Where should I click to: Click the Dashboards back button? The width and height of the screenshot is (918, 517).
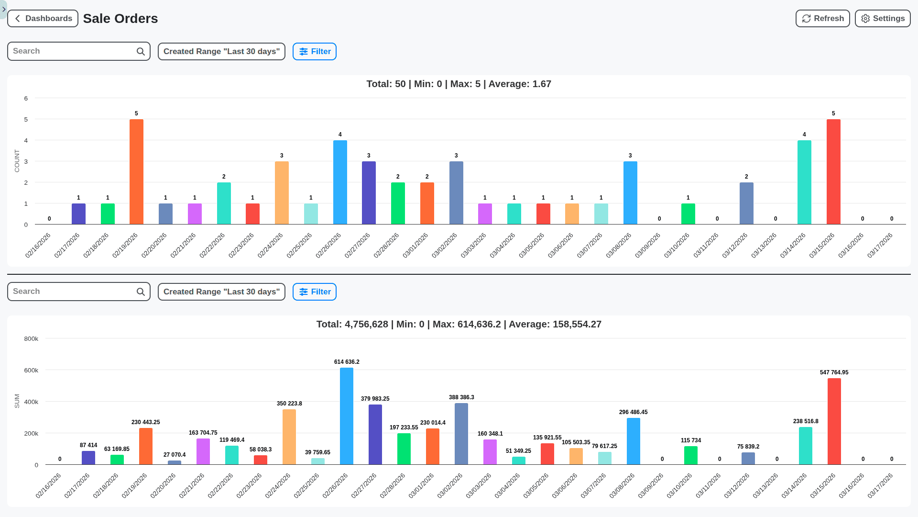pyautogui.click(x=43, y=19)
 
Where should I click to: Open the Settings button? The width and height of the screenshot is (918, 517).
pyautogui.click(x=882, y=19)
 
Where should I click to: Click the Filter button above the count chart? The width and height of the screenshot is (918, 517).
pyautogui.click(x=315, y=52)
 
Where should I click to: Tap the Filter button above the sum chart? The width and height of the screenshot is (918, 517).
pyautogui.click(x=315, y=292)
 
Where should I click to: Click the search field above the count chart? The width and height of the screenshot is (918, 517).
pyautogui.click(x=72, y=51)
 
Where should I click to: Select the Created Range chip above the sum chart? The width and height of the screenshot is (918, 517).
pyautogui.click(x=221, y=292)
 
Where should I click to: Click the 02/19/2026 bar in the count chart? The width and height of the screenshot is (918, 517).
pyautogui.click(x=136, y=172)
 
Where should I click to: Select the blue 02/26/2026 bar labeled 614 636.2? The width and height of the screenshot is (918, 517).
pyautogui.click(x=347, y=416)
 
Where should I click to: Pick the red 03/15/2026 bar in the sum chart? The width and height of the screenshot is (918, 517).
pyautogui.click(x=834, y=421)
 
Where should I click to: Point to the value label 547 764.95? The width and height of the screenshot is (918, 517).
pyautogui.click(x=834, y=372)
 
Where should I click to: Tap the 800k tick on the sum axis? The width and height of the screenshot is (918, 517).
pyautogui.click(x=31, y=339)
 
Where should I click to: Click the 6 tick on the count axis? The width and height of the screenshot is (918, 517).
pyautogui.click(x=26, y=99)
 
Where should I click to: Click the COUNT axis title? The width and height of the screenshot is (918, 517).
pyautogui.click(x=17, y=161)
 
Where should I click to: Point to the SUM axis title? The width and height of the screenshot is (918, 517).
pyautogui.click(x=17, y=401)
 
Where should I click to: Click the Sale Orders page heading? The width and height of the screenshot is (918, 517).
pyautogui.click(x=120, y=19)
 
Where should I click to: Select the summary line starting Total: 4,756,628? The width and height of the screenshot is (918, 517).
pyautogui.click(x=459, y=325)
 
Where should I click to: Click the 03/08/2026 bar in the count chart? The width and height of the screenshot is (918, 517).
pyautogui.click(x=630, y=193)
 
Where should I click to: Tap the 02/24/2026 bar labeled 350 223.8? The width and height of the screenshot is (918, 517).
pyautogui.click(x=289, y=437)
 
